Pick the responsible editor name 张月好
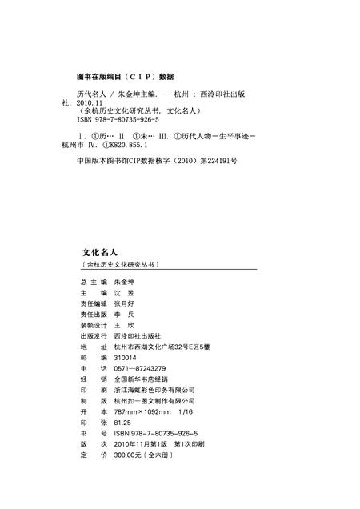(125, 305)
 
